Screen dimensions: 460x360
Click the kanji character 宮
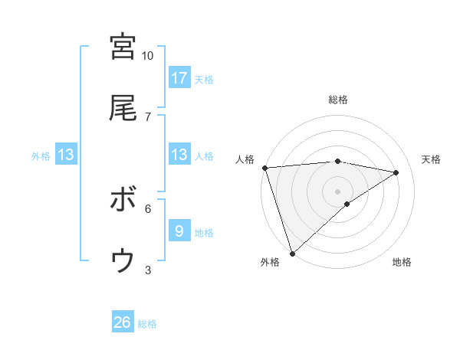(123, 46)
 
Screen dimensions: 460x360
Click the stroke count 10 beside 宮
(148, 56)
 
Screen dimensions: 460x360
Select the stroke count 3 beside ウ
(148, 270)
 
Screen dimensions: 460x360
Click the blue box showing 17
(179, 77)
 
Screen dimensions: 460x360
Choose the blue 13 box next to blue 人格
(179, 155)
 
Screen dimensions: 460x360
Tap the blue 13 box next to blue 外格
(66, 155)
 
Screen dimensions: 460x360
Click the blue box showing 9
(179, 231)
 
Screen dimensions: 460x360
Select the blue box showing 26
(123, 322)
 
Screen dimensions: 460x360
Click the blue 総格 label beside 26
(147, 324)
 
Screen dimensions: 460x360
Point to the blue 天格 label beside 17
(204, 79)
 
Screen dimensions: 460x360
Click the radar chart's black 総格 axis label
(337, 100)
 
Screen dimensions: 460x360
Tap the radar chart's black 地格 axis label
(402, 262)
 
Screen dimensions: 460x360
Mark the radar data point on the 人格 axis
(264, 168)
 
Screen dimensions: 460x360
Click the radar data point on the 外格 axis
(292, 253)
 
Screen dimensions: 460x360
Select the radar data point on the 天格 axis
(396, 172)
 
